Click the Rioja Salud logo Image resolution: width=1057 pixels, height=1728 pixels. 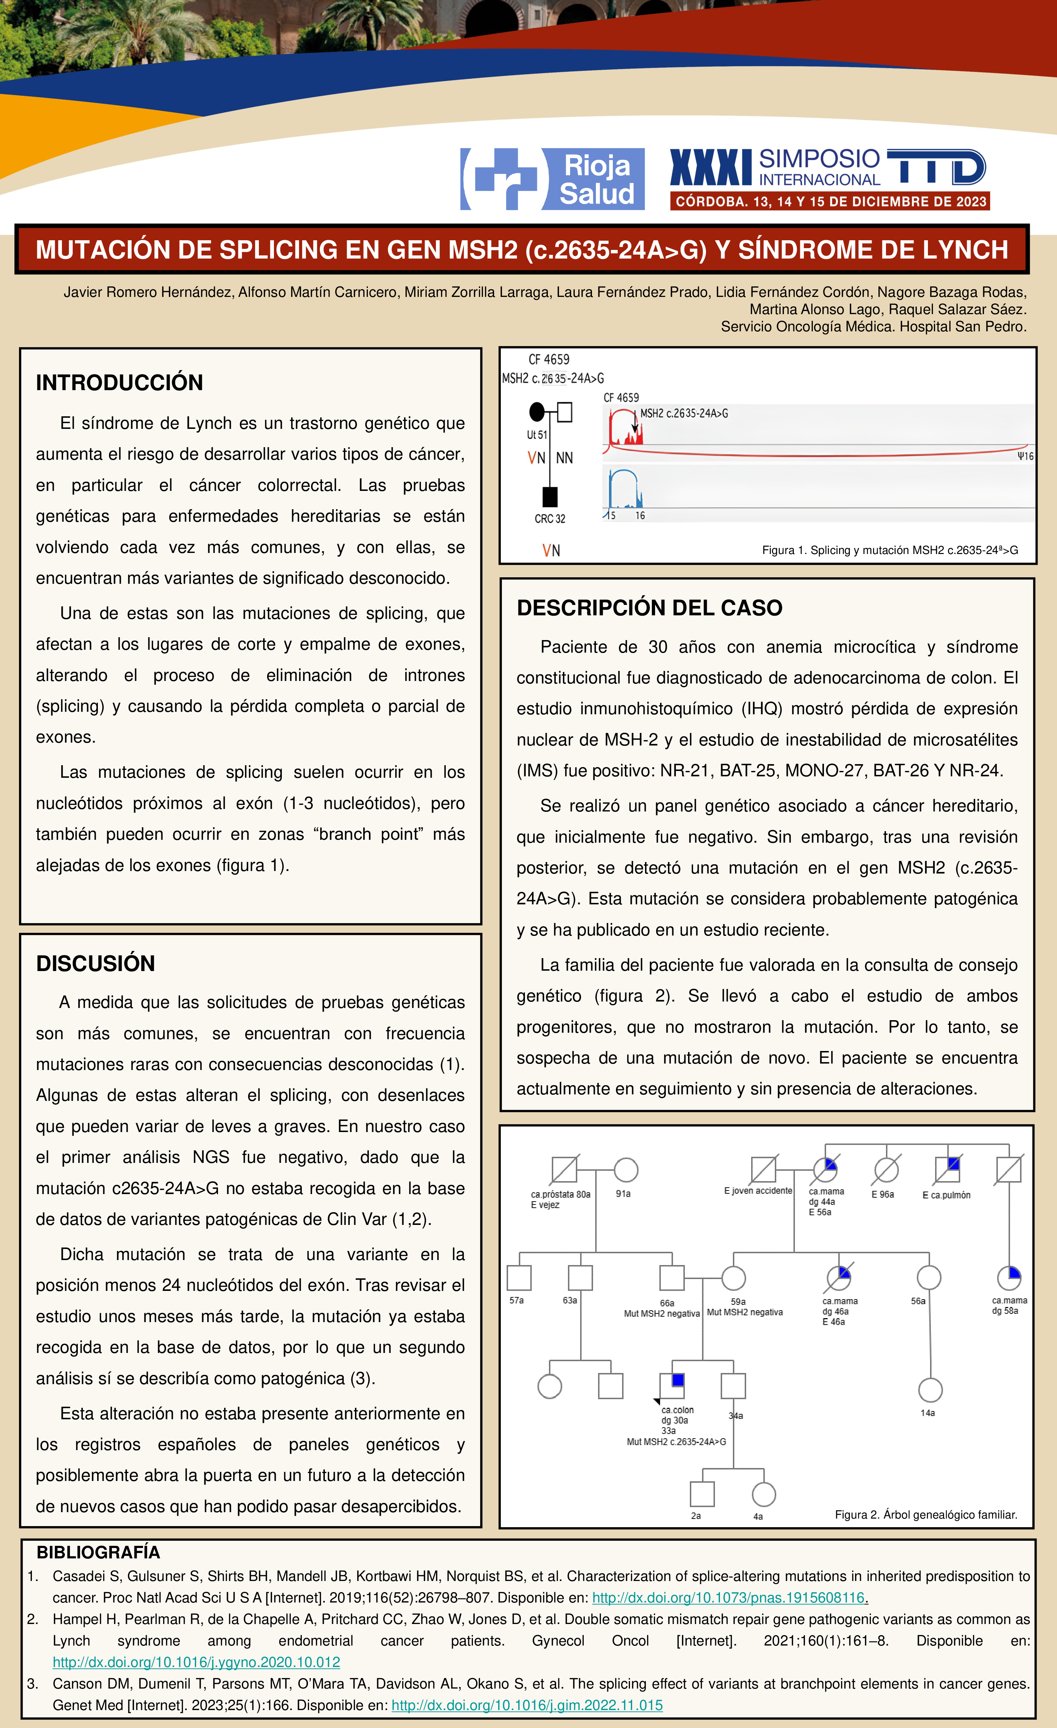click(552, 179)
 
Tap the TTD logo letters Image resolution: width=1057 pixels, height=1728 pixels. click(937, 167)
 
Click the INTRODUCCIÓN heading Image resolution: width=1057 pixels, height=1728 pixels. click(119, 383)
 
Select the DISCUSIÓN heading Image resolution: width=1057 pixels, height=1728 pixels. click(95, 964)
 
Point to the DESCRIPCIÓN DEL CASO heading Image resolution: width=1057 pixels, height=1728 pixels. click(649, 608)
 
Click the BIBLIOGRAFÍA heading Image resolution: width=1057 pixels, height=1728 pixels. click(98, 1552)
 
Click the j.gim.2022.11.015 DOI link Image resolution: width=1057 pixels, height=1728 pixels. click(527, 1705)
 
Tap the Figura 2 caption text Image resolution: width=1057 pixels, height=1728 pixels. click(926, 1515)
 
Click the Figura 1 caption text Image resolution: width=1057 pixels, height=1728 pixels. click(889, 550)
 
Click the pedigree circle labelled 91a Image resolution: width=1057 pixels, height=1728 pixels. click(626, 1170)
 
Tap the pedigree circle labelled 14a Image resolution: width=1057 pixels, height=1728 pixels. click(930, 1390)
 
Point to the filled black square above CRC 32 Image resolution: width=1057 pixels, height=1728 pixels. click(550, 497)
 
